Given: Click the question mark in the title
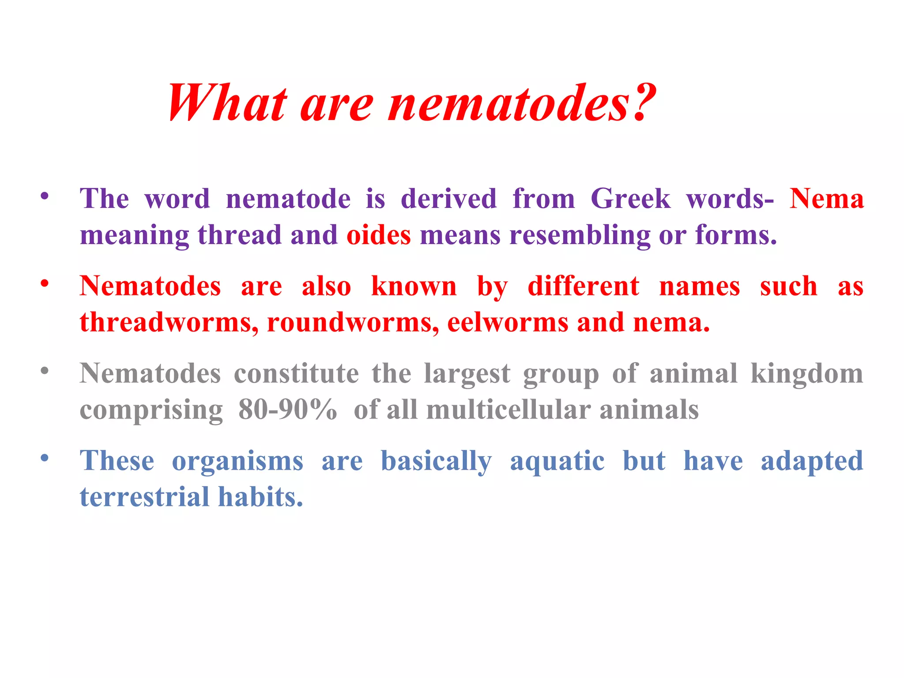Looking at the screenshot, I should pos(642,102).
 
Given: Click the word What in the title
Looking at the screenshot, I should pos(227,102).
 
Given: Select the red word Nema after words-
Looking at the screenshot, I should pos(826,199).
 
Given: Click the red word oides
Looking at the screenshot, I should pos(378,235).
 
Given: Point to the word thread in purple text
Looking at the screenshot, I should pos(239,235).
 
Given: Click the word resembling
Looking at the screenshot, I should pos(580,235).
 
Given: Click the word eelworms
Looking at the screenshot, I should pos(507,322).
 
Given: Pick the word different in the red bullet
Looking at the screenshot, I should pos(583,286).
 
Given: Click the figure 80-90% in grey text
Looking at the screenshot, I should pos(287,410).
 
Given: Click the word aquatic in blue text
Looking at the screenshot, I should pos(557,462).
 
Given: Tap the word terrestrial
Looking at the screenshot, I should pos(144,497).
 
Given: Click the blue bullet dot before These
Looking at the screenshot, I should pos(44,458).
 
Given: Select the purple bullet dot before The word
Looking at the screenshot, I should pos(44,196).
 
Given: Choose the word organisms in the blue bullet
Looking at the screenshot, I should pos(237,462).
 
